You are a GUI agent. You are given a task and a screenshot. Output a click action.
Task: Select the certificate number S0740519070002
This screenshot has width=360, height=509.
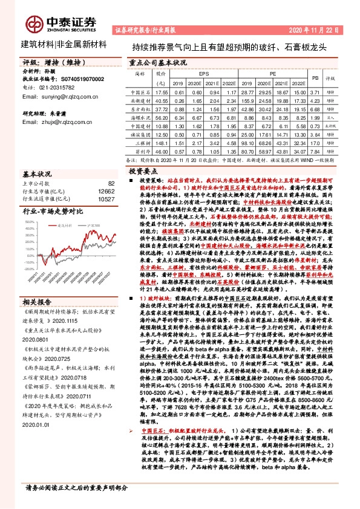(74, 79)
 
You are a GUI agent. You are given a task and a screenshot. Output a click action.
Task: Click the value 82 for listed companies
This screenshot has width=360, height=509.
(111, 183)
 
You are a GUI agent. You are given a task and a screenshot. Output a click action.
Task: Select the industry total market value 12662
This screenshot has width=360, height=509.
(105, 190)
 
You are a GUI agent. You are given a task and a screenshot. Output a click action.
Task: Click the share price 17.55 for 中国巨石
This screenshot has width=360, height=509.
(161, 91)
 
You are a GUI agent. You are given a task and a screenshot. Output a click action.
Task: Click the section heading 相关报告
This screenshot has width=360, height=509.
(36, 301)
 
